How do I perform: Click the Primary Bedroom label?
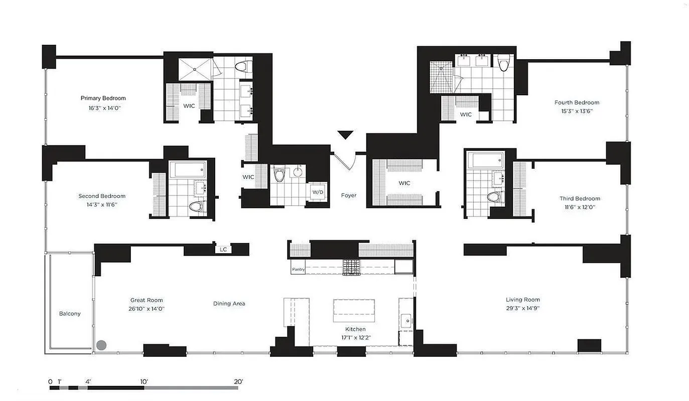pos(103,98)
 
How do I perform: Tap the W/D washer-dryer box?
pos(318,192)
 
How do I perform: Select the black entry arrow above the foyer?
pos(345,135)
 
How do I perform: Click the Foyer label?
pos(348,195)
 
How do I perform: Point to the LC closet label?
pos(223,249)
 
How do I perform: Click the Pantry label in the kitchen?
pos(298,269)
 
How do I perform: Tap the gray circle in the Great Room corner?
pos(101,345)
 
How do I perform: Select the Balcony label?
pos(70,314)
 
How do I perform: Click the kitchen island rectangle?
pos(354,311)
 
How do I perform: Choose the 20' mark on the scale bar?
pos(238,381)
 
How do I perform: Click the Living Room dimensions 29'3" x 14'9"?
pos(522,308)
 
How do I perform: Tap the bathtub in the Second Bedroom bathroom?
pos(187,170)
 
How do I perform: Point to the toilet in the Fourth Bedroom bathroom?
pos(504,62)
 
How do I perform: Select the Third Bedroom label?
pos(580,198)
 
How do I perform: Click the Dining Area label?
pos(229,303)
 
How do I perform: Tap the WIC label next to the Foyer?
pos(404,183)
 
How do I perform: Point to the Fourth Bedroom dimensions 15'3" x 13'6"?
pos(577,111)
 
